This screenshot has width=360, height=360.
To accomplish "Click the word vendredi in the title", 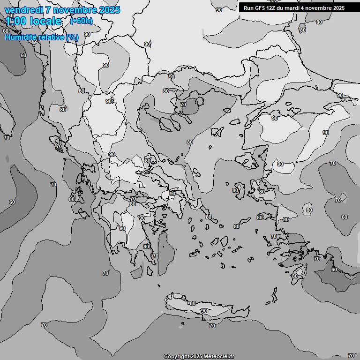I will (22, 10).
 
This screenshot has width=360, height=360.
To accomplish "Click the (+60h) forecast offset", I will (81, 21).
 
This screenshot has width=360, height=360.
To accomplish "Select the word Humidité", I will (19, 37).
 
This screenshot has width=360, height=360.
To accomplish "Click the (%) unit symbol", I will (72, 37).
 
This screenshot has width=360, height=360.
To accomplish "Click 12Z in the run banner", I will (277, 8).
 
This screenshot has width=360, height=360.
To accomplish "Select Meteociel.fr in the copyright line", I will (219, 357).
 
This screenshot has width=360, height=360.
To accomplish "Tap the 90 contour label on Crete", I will (204, 311).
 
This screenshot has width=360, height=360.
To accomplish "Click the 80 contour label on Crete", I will (192, 303).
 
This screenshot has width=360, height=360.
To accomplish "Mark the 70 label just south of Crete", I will (212, 326).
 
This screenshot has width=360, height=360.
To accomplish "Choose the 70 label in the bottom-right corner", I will (351, 356).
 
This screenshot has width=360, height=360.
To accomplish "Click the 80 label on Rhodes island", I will (294, 276).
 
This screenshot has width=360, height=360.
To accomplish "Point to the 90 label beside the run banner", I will (219, 10).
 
